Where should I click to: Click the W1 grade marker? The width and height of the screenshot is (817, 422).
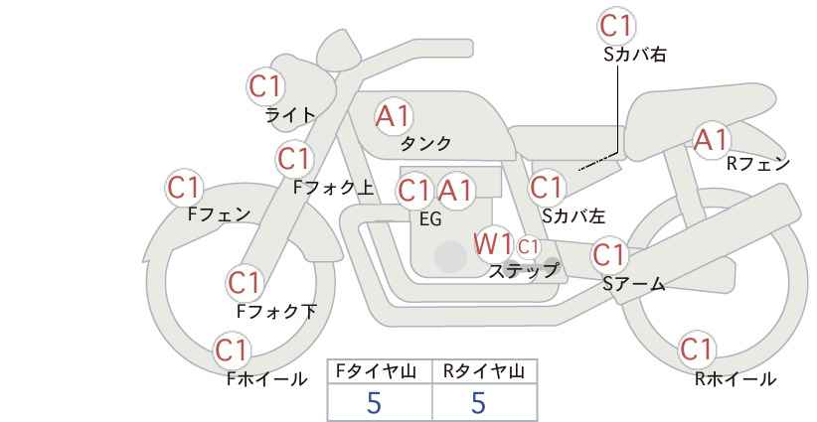pos(493,243)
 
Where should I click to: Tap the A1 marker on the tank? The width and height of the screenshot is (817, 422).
pos(394,116)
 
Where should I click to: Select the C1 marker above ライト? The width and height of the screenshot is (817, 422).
pos(265,87)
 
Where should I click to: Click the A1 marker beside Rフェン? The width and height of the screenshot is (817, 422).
pos(711,140)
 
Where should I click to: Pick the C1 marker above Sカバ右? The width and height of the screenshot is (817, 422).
pos(617,25)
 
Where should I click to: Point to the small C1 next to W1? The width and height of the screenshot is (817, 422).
pos(528,246)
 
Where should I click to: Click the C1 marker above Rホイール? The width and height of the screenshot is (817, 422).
pos(697,350)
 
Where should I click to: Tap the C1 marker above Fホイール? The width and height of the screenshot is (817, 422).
pos(233,351)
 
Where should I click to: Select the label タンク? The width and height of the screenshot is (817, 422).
pos(425,144)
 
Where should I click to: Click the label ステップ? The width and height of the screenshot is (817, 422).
pos(523,271)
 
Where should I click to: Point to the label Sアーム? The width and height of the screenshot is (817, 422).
pos(634,284)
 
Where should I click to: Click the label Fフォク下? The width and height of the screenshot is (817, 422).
pos(276,311)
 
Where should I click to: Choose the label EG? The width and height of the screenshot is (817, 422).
pos(430,219)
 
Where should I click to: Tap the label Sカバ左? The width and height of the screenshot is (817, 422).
pos(573,215)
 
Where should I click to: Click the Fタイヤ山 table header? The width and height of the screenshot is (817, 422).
pos(376,371)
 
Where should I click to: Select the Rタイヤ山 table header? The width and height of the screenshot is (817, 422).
pos(484,371)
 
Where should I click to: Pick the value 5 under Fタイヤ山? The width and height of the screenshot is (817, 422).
pos(374,403)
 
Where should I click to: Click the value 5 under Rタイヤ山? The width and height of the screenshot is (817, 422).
pos(479,403)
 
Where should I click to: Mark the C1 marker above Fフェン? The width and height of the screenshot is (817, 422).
pos(184,188)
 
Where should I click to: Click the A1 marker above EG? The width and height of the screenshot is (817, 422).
pos(454,191)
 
